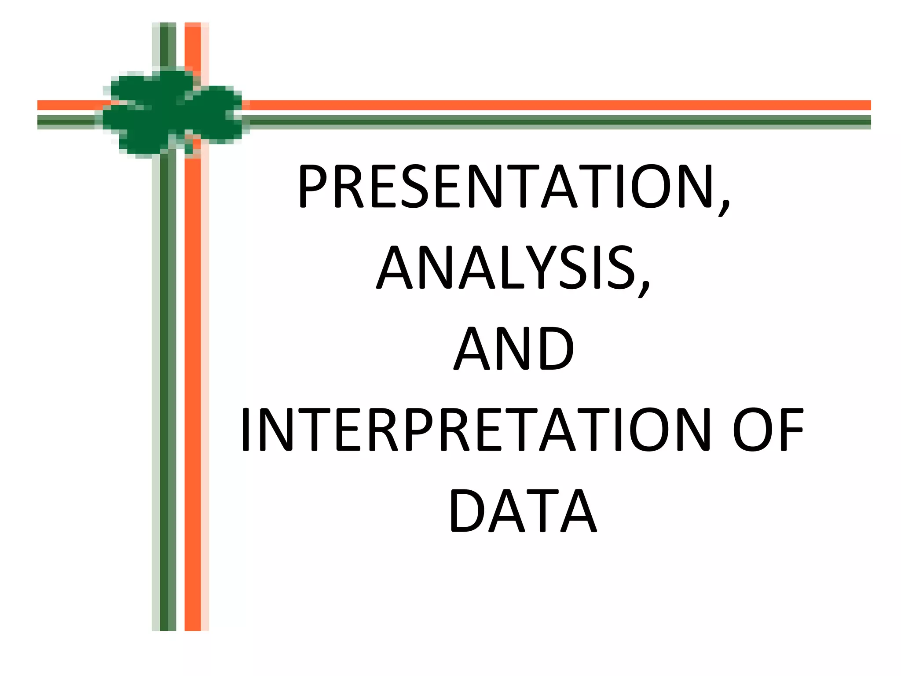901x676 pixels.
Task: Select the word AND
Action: coord(514,349)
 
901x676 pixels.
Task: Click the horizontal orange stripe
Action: coord(528,105)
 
